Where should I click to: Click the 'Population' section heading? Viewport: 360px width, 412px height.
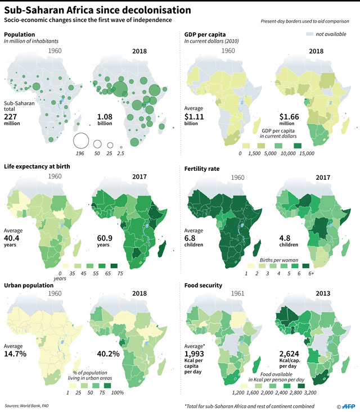point(20,34)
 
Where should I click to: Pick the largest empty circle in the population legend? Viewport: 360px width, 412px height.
point(81,141)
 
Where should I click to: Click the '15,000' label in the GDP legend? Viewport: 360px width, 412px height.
point(307,153)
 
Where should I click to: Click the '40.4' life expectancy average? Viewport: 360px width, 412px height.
point(13,238)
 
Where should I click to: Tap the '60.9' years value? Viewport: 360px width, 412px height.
point(105,238)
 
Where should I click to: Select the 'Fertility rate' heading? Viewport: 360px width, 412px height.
point(204,167)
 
